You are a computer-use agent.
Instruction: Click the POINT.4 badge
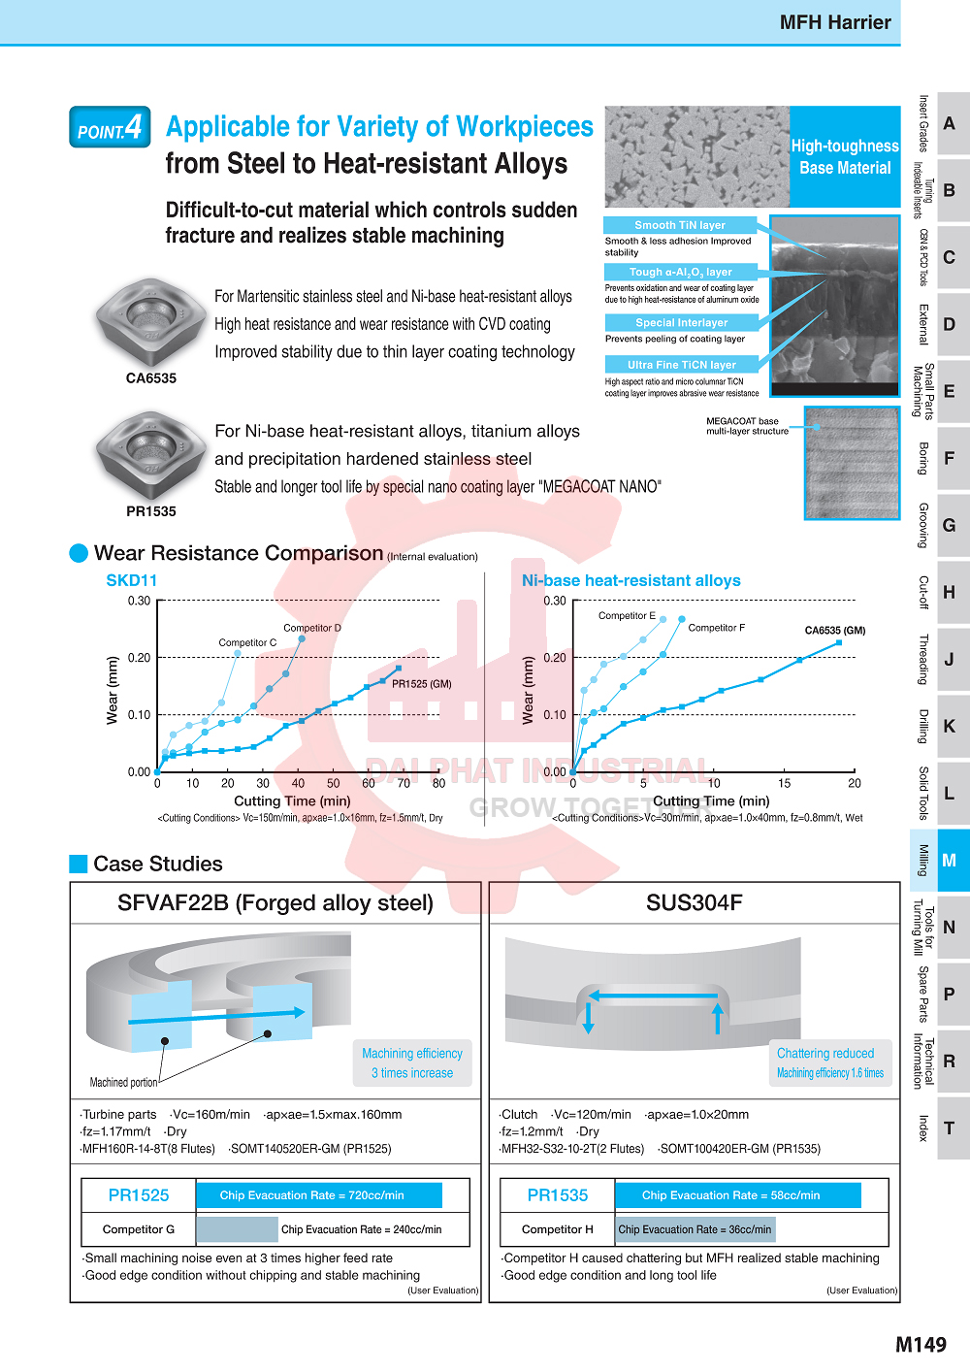110,127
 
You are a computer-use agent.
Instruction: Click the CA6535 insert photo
150,322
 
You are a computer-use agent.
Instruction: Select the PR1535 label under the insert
150,511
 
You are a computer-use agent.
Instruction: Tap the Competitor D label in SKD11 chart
312,628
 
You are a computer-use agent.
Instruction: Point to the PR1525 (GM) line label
422,684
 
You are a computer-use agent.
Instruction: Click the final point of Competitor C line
238,653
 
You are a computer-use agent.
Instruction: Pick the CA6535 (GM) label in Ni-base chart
834,631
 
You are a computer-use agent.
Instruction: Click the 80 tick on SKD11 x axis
438,783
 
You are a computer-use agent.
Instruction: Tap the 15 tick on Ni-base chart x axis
784,783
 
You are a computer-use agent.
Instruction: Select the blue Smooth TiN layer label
680,225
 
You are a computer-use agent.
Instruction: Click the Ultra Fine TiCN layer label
682,365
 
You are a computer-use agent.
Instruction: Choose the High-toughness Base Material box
845,157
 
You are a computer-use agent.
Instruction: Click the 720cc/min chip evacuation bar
319,1195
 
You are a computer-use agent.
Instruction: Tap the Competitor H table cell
557,1229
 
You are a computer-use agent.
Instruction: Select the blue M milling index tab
950,861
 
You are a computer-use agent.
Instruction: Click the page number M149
921,1345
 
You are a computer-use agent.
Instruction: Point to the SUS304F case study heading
694,902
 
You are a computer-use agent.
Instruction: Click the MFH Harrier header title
835,22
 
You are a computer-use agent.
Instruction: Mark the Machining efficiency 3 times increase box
412,1062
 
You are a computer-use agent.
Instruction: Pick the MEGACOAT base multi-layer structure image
852,463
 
